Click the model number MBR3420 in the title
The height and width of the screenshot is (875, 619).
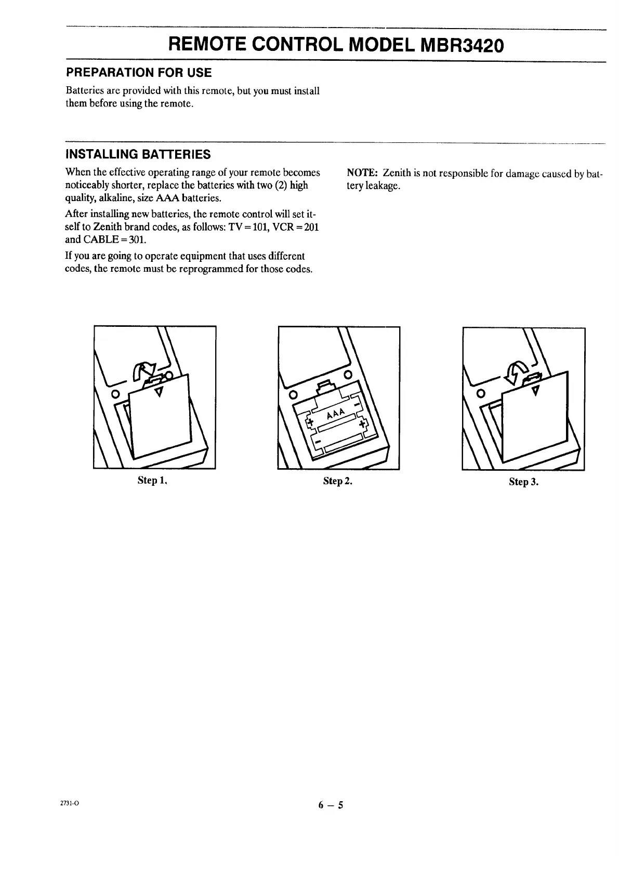pyautogui.click(x=460, y=46)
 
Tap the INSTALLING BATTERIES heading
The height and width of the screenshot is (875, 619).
pyautogui.click(x=138, y=154)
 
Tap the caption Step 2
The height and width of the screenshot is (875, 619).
pyautogui.click(x=337, y=481)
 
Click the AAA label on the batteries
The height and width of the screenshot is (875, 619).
pyautogui.click(x=336, y=416)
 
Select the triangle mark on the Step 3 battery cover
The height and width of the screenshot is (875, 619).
pyautogui.click(x=535, y=389)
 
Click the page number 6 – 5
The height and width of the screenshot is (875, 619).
pyautogui.click(x=332, y=806)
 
